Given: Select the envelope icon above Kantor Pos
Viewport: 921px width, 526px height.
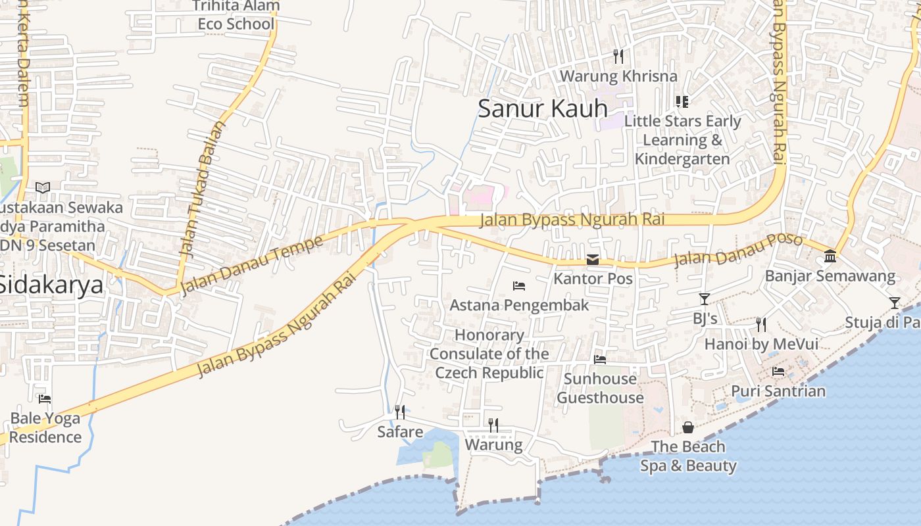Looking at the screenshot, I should click(x=593, y=260).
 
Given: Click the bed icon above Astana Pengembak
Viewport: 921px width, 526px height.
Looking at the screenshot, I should click(x=519, y=286).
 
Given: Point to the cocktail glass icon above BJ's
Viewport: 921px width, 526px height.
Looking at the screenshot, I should click(x=705, y=299).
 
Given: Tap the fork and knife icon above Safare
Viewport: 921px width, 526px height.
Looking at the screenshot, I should click(x=400, y=412).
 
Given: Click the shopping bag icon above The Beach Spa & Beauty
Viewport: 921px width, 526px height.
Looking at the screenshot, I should click(x=688, y=427).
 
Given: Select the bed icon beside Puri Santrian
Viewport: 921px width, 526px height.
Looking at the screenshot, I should click(x=778, y=371).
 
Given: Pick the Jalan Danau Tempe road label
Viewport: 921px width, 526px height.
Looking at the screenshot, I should click(x=251, y=265).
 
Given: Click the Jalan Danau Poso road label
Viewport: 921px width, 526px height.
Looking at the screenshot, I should click(x=737, y=251).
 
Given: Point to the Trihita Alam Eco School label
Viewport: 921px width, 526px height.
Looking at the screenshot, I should click(x=236, y=15).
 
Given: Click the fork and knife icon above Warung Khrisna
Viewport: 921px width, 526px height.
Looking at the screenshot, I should click(x=618, y=57).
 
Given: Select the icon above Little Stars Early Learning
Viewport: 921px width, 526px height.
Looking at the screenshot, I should click(x=682, y=101).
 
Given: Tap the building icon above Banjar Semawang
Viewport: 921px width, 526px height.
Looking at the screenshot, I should click(x=830, y=256).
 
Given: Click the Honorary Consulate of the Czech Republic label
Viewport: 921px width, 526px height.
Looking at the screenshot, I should click(x=490, y=354).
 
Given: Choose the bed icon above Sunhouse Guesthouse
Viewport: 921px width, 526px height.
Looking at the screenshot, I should click(x=600, y=360).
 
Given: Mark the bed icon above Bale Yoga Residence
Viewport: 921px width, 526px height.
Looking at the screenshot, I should click(x=45, y=399).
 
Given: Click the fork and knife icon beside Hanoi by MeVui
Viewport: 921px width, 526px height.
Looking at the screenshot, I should click(x=761, y=324).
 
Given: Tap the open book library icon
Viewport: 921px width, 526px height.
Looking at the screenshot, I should click(x=43, y=188).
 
